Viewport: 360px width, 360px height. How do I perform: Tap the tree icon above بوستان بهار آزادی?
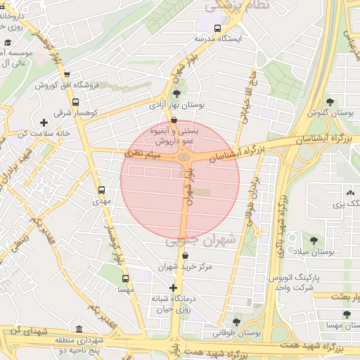[176, 94]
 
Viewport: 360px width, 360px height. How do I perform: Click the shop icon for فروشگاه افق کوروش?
[67, 75]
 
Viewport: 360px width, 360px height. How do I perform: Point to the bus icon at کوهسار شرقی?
[75, 101]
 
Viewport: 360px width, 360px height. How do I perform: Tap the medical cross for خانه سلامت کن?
[44, 122]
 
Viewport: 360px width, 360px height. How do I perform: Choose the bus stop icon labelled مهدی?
[102, 190]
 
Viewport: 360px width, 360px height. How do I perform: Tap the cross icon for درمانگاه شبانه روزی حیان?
[174, 288]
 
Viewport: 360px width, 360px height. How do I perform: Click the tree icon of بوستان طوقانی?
[237, 321]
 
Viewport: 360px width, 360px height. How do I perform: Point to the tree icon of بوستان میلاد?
[312, 240]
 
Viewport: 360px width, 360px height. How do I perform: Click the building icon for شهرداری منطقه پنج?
[78, 330]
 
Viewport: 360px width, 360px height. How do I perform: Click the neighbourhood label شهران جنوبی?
[191, 240]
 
